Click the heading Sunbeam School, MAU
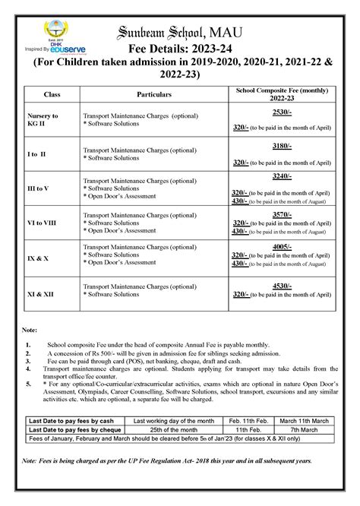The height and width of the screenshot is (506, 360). [x=201, y=30]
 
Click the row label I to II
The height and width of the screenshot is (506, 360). [x=37, y=153]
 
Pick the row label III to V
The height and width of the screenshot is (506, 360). [x=40, y=188]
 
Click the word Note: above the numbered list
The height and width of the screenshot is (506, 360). [x=30, y=331]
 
